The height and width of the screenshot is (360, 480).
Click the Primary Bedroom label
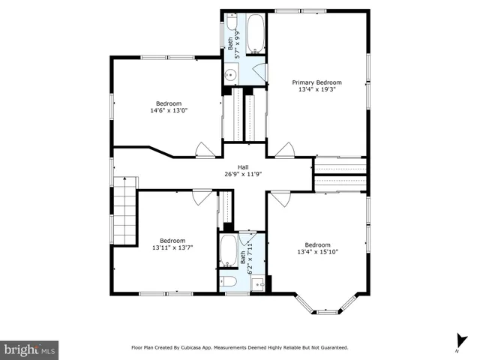[x=316, y=82]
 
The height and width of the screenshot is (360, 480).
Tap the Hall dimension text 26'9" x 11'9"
[x=243, y=174]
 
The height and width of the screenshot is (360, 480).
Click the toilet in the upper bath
[x=232, y=23]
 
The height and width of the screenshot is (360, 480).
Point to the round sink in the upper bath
[x=231, y=73]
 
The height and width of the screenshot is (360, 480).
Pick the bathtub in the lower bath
[x=229, y=251]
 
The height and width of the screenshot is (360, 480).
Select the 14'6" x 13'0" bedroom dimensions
[x=169, y=110]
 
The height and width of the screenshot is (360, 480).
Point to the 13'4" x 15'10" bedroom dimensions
[x=317, y=252]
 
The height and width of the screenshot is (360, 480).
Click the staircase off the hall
[x=126, y=211]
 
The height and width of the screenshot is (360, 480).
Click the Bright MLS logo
[x=29, y=349]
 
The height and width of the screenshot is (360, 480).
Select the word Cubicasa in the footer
[x=203, y=348]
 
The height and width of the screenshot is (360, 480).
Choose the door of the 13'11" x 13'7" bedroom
[x=201, y=197]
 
